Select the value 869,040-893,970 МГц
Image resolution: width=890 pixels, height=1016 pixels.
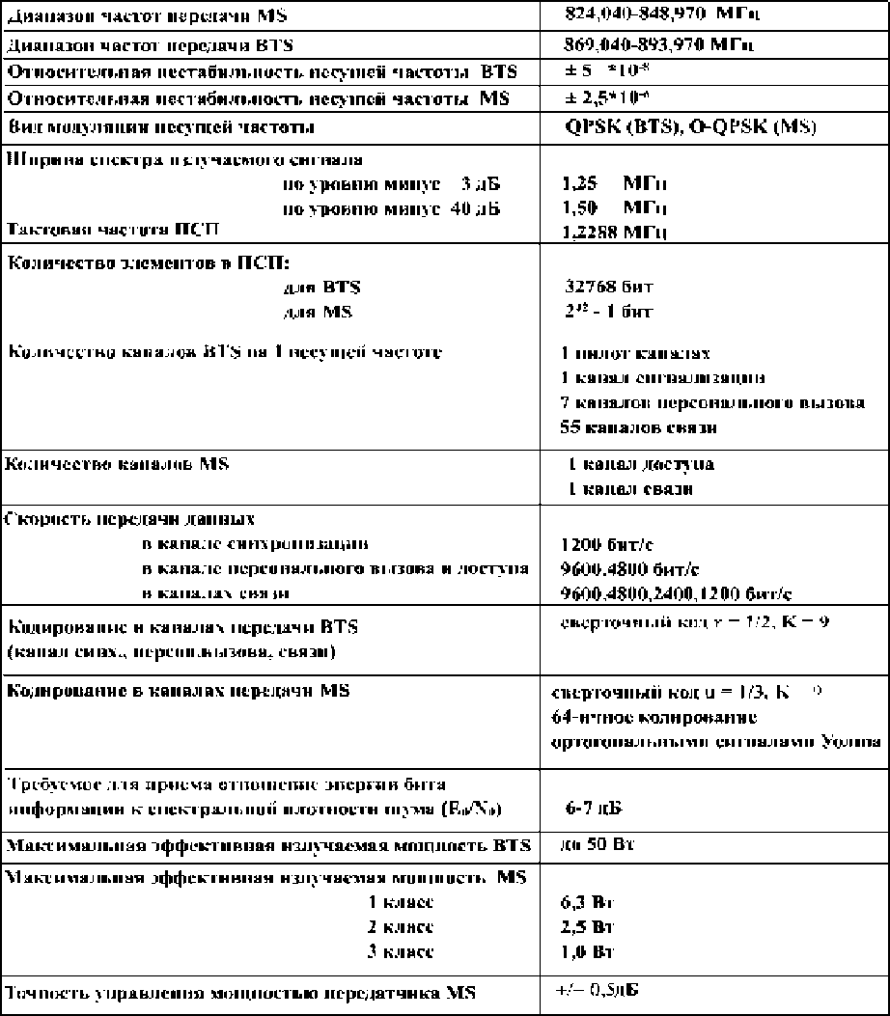pyautogui.click(x=658, y=44)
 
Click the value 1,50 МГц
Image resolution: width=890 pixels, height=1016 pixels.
pyautogui.click(x=615, y=207)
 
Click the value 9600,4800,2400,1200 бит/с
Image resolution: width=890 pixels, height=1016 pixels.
pyautogui.click(x=671, y=592)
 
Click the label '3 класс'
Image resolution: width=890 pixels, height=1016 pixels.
pyautogui.click(x=402, y=951)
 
